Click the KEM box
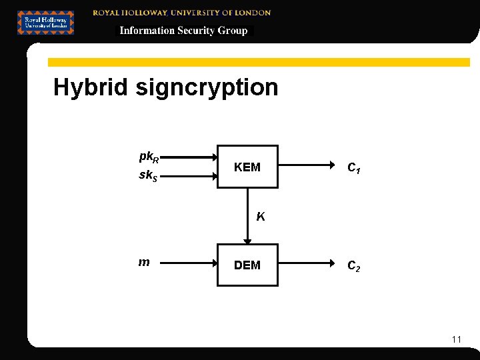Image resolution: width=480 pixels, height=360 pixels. (x=247, y=167)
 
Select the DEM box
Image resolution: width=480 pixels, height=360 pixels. (x=247, y=265)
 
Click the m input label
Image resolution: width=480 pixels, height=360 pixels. (x=143, y=263)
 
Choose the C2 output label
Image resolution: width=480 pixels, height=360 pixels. (x=354, y=266)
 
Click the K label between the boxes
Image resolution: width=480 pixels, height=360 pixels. (x=260, y=216)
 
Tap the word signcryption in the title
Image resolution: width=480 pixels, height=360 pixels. (x=207, y=87)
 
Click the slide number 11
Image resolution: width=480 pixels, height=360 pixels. (x=456, y=339)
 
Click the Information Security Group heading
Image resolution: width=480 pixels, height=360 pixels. (x=183, y=31)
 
